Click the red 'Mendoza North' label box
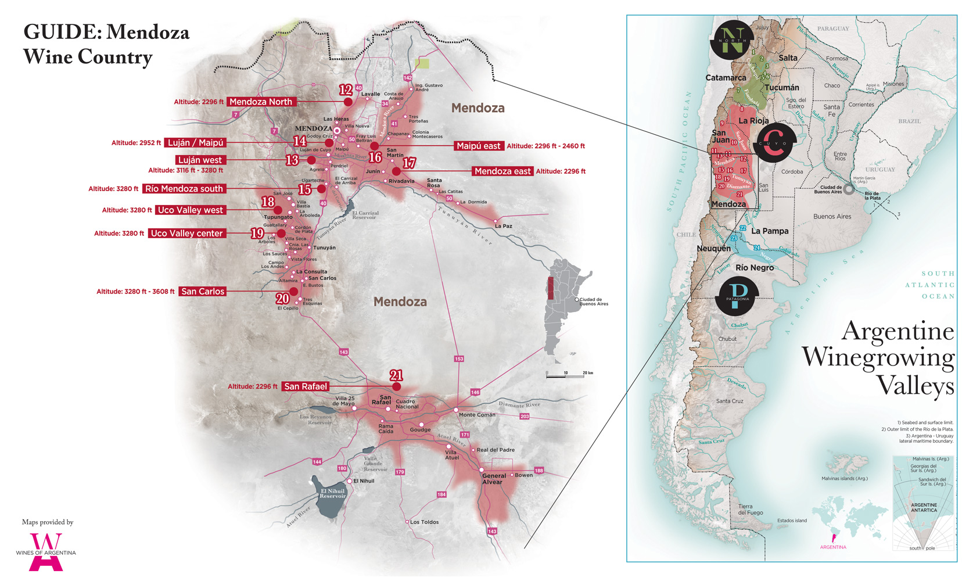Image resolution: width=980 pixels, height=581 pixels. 261,102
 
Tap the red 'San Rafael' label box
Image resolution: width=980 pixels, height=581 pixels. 306,386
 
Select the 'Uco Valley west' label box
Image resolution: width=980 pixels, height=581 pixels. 191,210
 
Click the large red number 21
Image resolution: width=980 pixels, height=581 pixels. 396,375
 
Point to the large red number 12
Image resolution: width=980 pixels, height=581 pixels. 346,89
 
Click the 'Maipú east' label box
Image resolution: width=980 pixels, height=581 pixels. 478,146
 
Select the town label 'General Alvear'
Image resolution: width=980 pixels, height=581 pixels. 493,479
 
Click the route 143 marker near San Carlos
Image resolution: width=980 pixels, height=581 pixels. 343,352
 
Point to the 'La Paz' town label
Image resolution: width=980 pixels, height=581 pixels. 503,226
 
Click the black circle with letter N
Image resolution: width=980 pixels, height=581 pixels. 732,40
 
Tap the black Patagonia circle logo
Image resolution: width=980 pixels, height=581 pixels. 738,296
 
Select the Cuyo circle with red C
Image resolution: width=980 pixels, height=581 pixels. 774,143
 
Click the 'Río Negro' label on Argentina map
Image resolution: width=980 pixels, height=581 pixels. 754,268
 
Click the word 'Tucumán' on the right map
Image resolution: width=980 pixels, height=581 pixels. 781,88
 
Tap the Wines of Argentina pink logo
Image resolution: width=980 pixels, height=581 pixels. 45,552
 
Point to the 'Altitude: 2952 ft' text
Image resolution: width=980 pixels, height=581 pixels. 136,143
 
